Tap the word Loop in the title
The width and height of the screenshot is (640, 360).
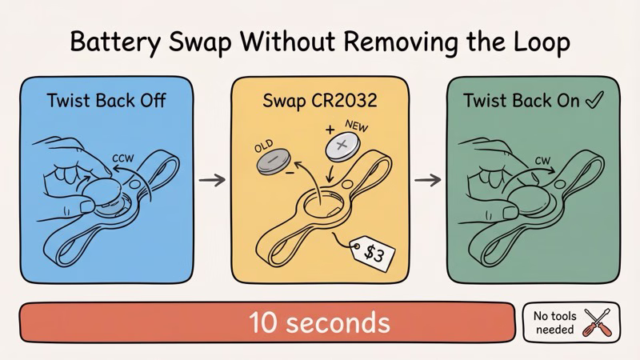pos(540,42)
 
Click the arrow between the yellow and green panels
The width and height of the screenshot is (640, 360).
pos(430,182)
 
